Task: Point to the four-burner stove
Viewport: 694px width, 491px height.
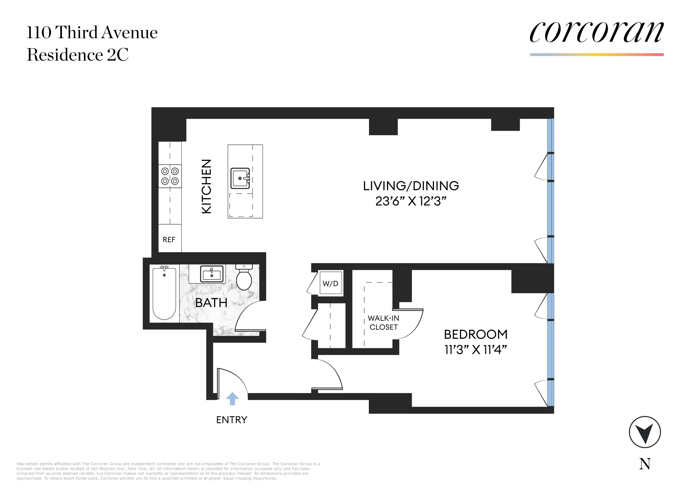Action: [x=170, y=176]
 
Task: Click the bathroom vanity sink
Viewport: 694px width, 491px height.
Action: [x=212, y=274]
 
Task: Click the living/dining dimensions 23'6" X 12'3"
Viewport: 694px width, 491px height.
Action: [x=411, y=201]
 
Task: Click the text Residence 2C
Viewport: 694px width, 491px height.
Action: [x=78, y=55]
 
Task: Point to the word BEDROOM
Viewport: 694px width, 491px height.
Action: [x=475, y=334]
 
